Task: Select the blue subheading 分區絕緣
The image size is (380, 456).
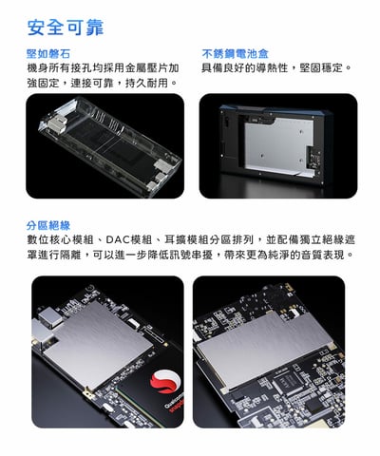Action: click(x=49, y=225)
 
